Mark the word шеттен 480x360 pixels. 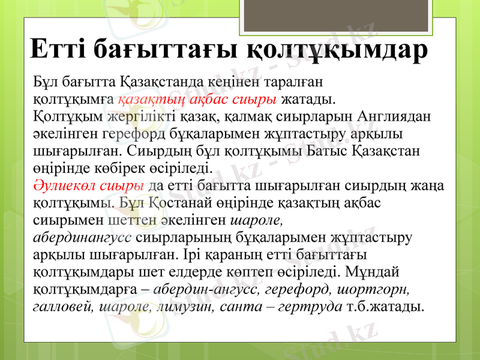[136, 217]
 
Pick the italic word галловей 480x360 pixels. [62, 307]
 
